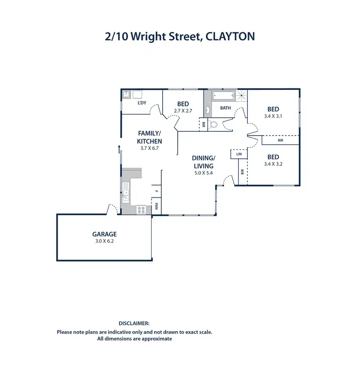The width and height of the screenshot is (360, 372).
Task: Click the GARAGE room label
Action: [104, 235]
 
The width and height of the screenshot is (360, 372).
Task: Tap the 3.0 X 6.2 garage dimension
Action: [104, 241]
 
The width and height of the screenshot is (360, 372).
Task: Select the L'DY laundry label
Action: [142, 103]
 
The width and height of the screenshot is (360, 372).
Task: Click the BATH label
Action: [226, 108]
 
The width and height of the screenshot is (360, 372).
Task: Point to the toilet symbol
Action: [215, 125]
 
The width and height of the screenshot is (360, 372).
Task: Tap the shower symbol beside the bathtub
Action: [243, 95]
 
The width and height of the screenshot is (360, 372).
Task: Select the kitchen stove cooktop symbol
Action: [142, 210]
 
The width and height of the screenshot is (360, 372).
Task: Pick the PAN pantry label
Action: [156, 208]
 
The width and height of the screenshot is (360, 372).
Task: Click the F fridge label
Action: [156, 192]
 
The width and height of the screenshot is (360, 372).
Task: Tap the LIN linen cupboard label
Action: [239, 154]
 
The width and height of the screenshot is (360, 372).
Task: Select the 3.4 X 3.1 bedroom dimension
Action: [273, 116]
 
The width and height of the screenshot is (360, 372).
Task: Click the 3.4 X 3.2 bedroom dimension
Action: [273, 164]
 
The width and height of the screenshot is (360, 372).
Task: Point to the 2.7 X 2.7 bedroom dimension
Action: [183, 111]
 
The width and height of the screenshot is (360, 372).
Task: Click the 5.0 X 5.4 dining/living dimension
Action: [204, 172]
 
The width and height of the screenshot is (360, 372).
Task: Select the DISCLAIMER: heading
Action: [134, 324]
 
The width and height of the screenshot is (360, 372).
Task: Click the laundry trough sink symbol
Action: [127, 94]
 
